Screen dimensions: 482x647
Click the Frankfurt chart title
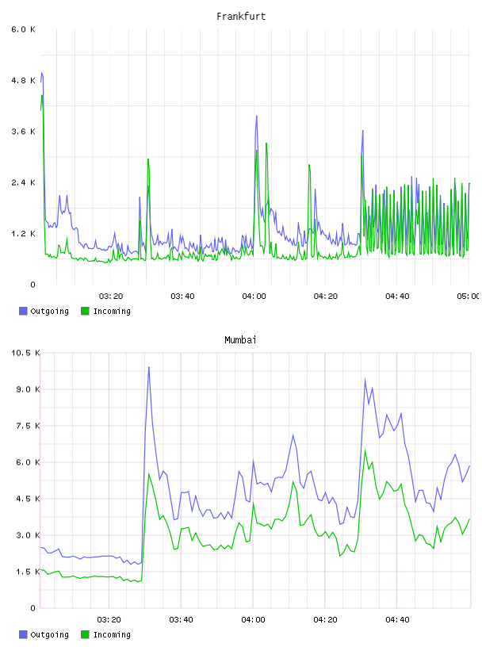click(x=241, y=16)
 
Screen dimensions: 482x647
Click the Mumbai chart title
click(x=240, y=339)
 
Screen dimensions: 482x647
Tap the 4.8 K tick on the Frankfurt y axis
click(x=24, y=80)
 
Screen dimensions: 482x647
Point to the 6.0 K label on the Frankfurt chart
click(x=24, y=29)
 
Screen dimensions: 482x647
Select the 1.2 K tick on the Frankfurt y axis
click(x=24, y=234)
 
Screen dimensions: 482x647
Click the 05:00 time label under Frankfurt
click(x=468, y=296)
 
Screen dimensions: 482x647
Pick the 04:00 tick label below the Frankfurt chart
click(x=254, y=296)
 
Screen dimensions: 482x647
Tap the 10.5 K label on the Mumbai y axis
click(x=25, y=353)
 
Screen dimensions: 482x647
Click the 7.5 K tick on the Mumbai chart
click(x=28, y=426)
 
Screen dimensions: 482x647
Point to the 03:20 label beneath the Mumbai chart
click(x=109, y=619)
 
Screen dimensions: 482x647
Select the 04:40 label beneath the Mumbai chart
click(x=397, y=619)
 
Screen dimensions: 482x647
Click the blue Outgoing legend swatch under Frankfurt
click(x=23, y=311)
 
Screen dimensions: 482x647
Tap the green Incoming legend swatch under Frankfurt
click(x=85, y=311)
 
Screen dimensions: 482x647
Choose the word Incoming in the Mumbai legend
click(x=112, y=634)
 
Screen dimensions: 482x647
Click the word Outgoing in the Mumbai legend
click(x=49, y=634)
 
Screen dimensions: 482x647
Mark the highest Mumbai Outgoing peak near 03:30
click(x=148, y=367)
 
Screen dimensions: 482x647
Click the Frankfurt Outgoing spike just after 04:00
click(x=256, y=117)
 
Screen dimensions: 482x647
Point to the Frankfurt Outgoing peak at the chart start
click(x=42, y=73)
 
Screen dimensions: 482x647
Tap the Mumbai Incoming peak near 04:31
click(x=365, y=450)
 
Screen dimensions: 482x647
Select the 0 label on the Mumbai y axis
click(x=33, y=608)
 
